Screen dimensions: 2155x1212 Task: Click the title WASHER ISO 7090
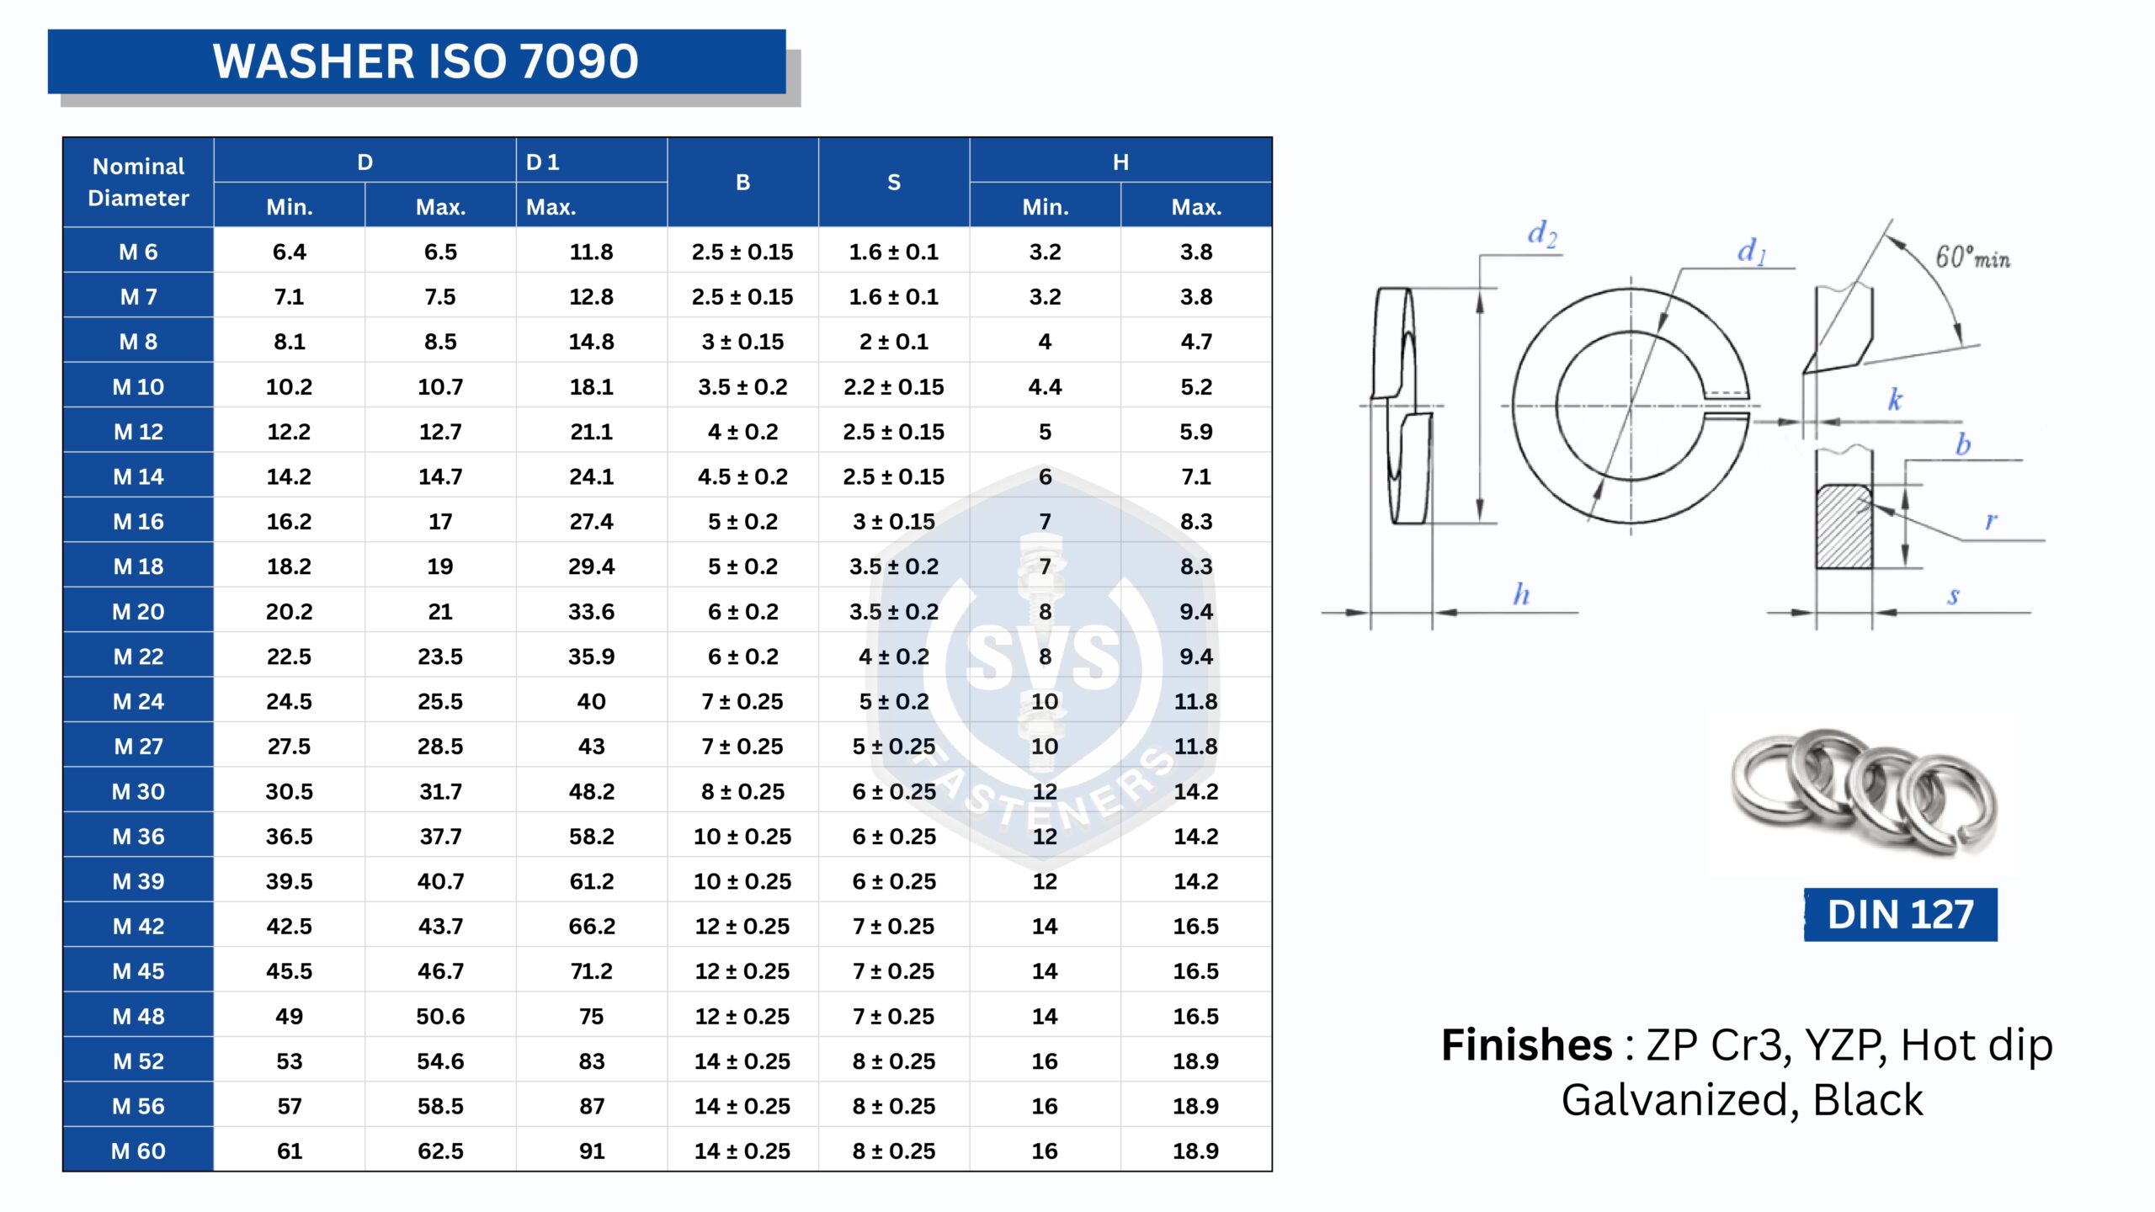425,61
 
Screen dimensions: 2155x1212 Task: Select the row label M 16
139,522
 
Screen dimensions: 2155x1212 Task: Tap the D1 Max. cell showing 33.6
591,612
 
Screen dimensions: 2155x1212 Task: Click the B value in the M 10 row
742,387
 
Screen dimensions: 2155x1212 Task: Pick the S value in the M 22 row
894,656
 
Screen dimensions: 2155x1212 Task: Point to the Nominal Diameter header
139,182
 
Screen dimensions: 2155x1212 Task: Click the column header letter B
742,182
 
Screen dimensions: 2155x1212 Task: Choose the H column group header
1120,162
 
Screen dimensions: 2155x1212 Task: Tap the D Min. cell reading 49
289,1017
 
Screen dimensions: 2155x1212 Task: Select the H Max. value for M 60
1196,1151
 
